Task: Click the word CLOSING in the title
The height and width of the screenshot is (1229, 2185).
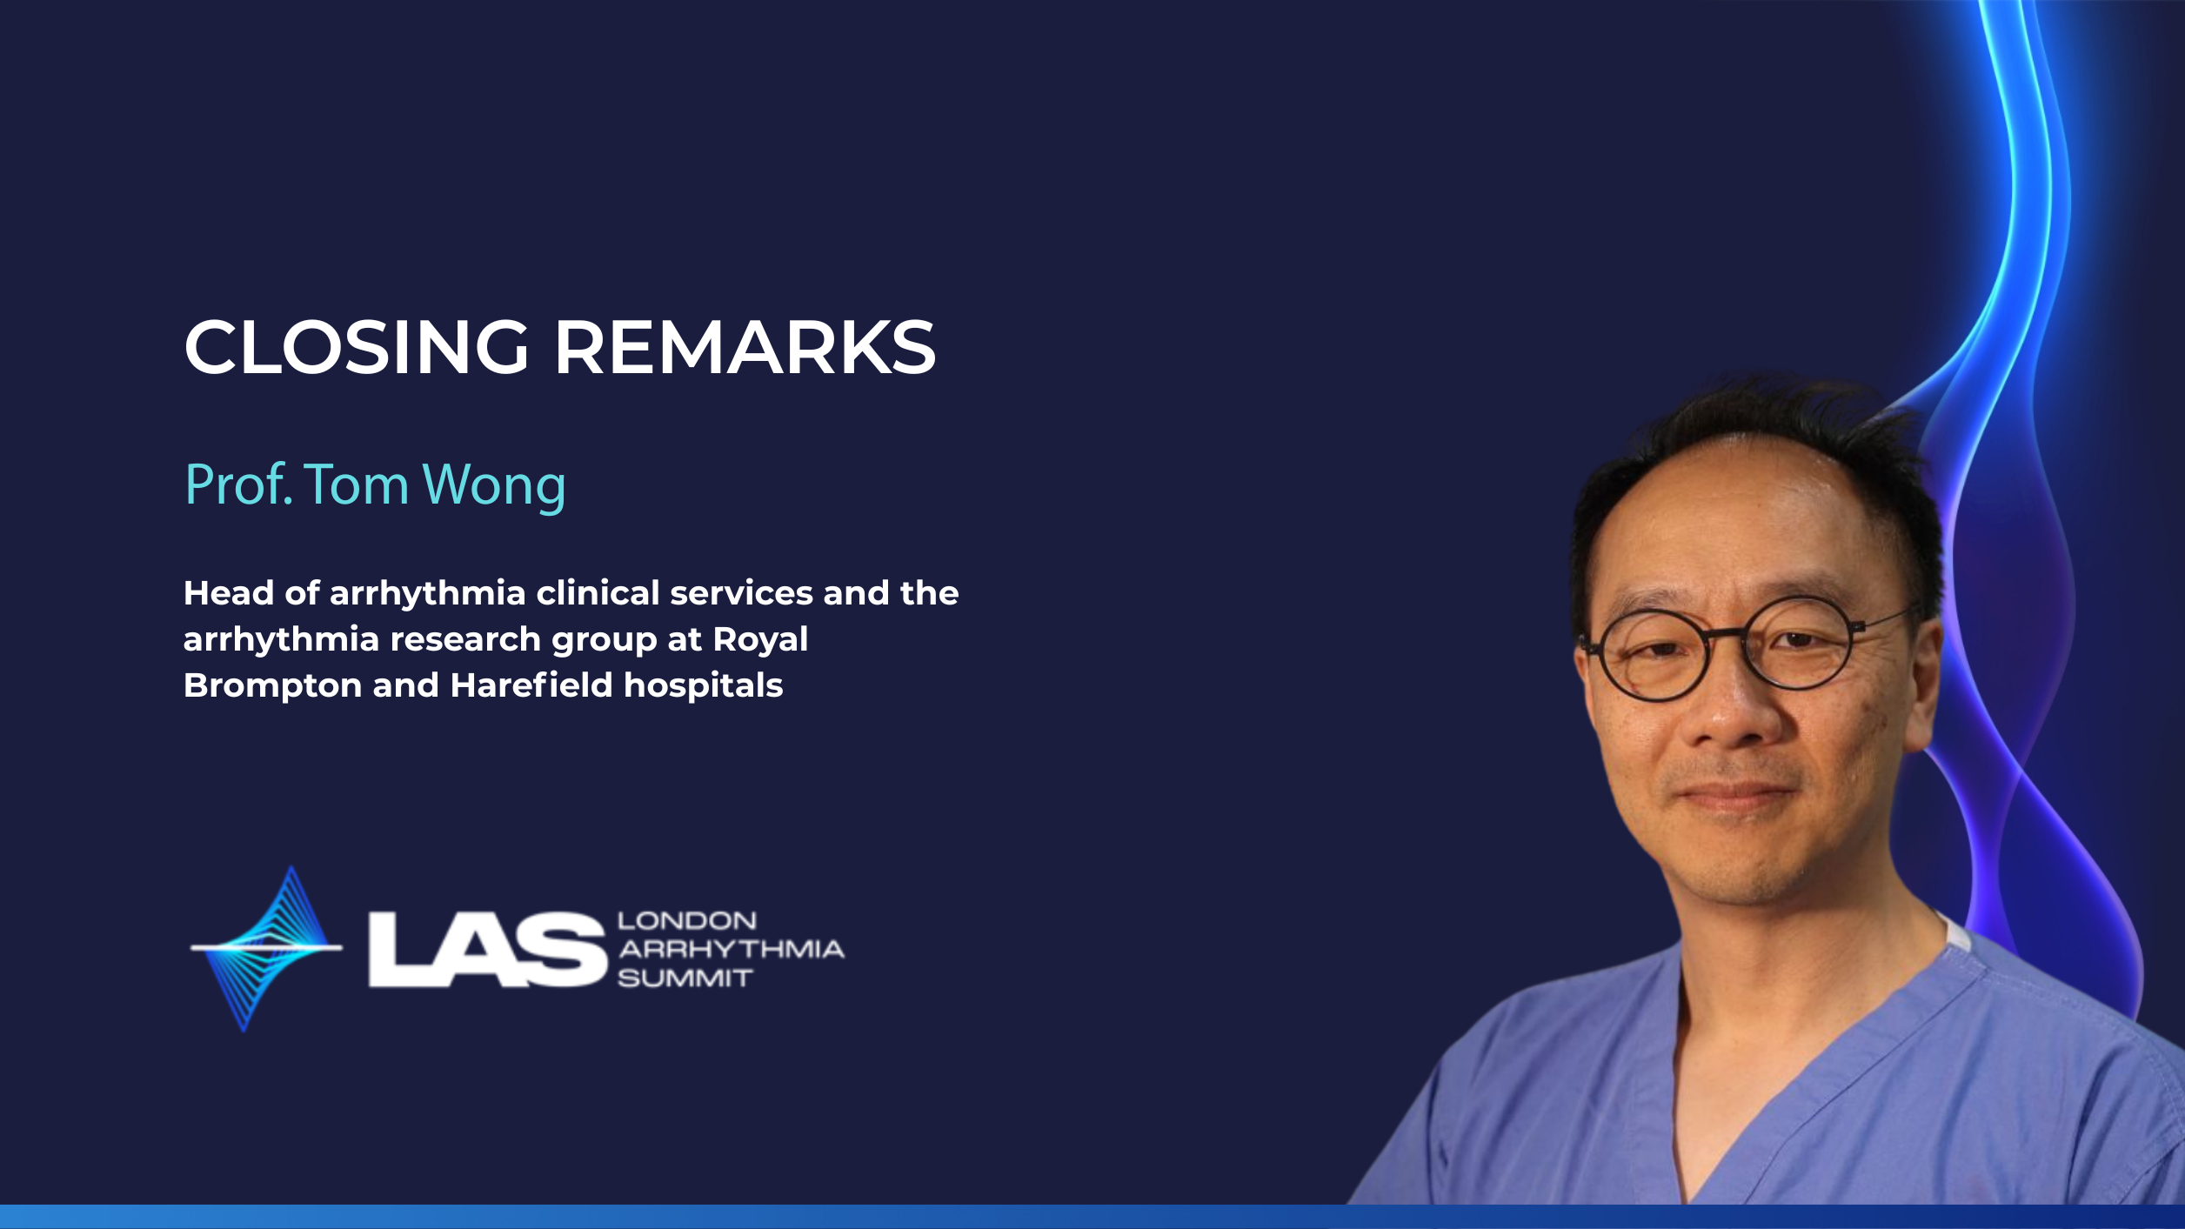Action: pos(357,346)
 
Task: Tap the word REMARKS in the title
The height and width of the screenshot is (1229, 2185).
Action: pos(745,346)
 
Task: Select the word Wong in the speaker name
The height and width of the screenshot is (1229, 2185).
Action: pos(493,487)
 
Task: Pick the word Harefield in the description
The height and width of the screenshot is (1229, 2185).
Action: pos(531,685)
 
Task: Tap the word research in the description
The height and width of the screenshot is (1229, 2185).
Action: pos(465,639)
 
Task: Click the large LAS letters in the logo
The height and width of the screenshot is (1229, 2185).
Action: pos(486,950)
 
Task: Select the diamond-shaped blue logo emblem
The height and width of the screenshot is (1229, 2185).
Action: pos(266,948)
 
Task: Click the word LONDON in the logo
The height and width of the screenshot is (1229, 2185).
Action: pos(686,920)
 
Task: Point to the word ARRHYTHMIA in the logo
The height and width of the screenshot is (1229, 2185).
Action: pos(731,949)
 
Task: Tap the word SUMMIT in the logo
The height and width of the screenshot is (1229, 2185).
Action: pos(685,979)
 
